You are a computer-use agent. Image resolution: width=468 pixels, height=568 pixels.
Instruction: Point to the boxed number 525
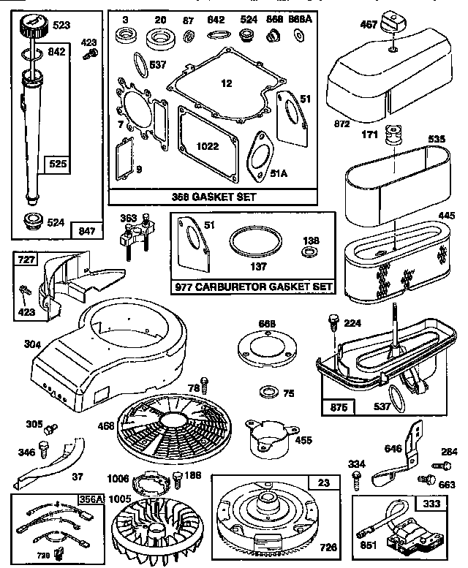pyautogui.click(x=56, y=164)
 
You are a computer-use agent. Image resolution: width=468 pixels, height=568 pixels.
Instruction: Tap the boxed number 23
pyautogui.click(x=322, y=482)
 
